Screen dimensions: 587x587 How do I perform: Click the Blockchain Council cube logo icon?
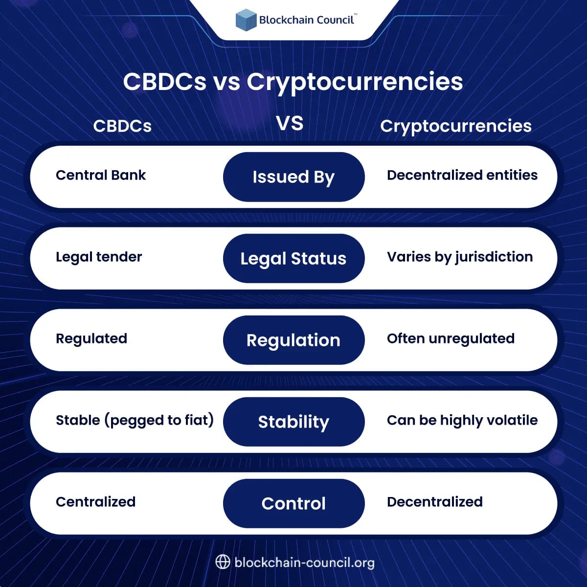point(246,20)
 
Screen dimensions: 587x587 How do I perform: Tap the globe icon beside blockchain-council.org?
point(223,562)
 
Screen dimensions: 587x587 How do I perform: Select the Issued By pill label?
point(293,177)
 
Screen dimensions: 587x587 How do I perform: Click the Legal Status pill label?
point(293,258)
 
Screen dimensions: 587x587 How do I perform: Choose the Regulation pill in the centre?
point(293,340)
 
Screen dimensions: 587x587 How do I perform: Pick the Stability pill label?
point(293,422)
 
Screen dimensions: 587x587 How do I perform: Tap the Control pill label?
point(293,503)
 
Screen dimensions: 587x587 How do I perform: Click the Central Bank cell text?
point(101,175)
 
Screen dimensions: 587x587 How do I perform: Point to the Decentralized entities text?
point(462,175)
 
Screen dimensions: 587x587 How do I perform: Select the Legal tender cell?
point(99,257)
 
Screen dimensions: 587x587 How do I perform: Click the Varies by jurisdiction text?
point(460,257)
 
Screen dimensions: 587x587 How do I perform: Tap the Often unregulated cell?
point(451,339)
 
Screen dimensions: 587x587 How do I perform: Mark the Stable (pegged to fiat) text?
point(135,420)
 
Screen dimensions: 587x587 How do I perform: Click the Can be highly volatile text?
point(462,420)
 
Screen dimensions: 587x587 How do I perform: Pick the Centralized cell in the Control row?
point(95,502)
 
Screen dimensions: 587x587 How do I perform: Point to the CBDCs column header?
point(122,126)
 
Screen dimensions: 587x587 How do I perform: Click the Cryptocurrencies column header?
point(456,126)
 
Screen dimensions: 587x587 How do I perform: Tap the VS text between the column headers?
point(290,123)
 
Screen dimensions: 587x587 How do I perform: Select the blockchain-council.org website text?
point(304,563)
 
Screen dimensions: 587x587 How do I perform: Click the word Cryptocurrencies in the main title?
point(355,81)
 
